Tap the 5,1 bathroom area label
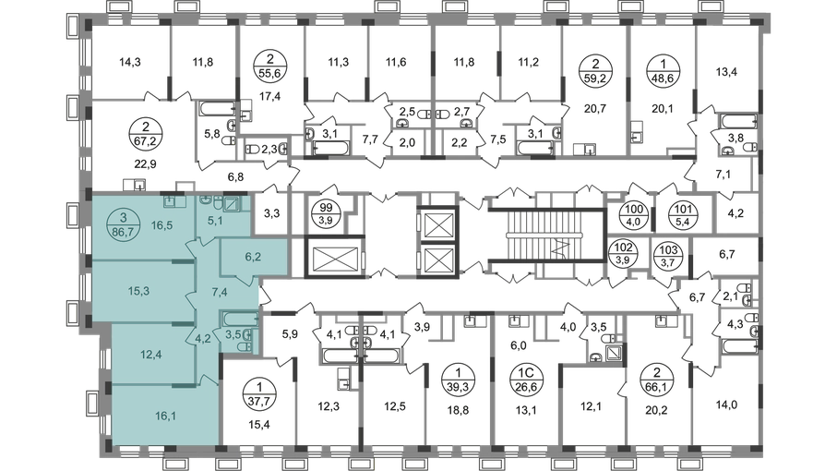tap(215, 221)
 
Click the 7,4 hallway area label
tap(221, 293)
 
